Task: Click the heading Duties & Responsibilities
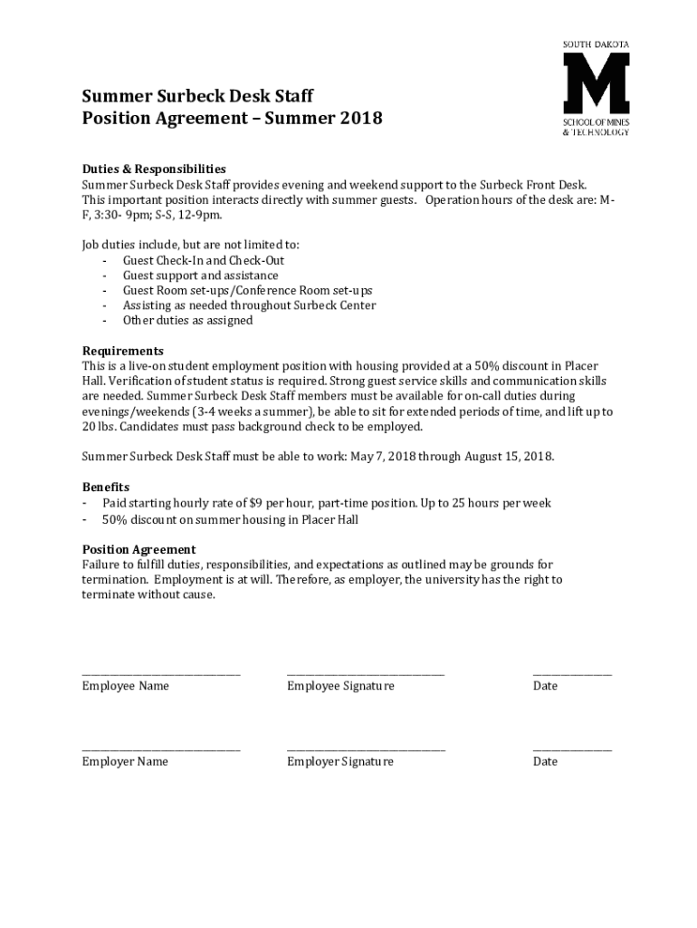tap(154, 169)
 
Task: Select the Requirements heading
tap(123, 351)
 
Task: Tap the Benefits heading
tap(106, 487)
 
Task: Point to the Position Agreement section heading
tap(138, 549)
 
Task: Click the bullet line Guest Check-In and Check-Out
tap(204, 260)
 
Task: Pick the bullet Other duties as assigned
tap(187, 320)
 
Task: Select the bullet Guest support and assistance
tap(200, 275)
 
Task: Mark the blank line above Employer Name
tap(161, 749)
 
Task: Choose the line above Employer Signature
tap(366, 749)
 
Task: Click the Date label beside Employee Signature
tap(545, 686)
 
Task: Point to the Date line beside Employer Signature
tap(572, 749)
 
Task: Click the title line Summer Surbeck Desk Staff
tap(198, 96)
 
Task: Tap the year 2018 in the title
tap(358, 119)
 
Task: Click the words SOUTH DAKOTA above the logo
tap(596, 44)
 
